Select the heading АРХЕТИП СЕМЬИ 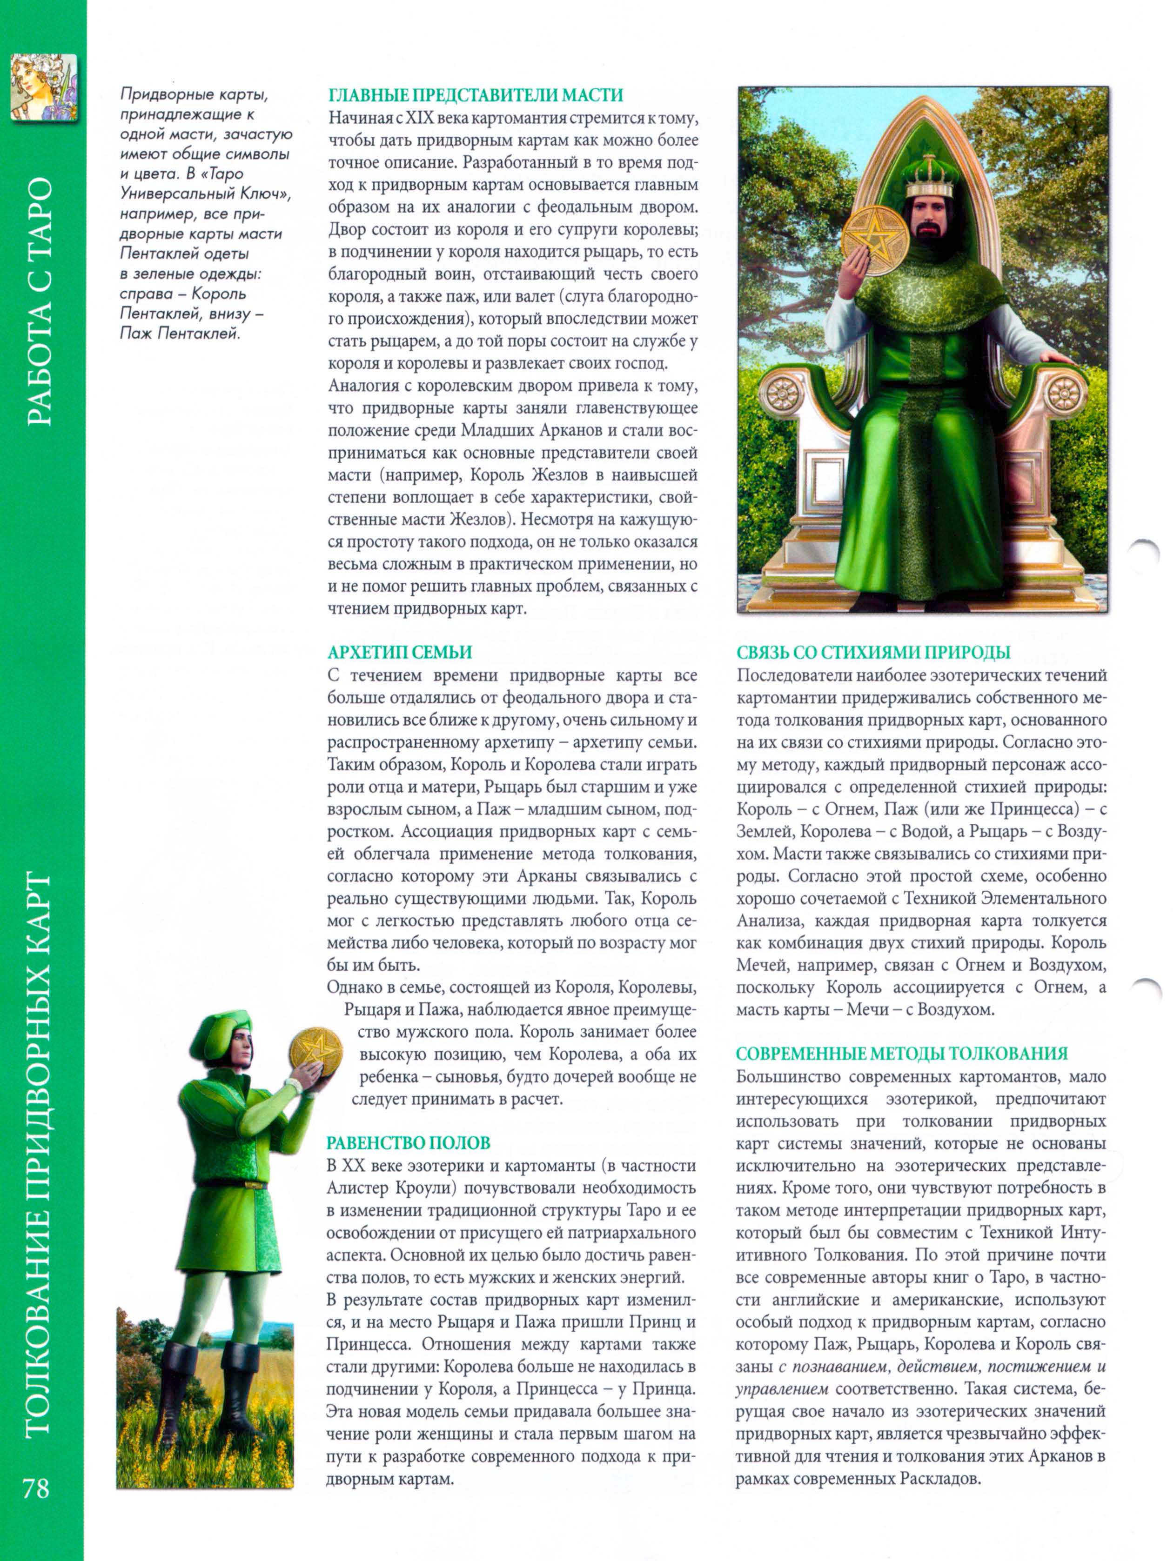[x=400, y=652]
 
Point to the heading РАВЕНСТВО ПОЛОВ [x=408, y=1142]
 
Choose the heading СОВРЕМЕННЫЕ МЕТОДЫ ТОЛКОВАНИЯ [x=901, y=1053]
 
